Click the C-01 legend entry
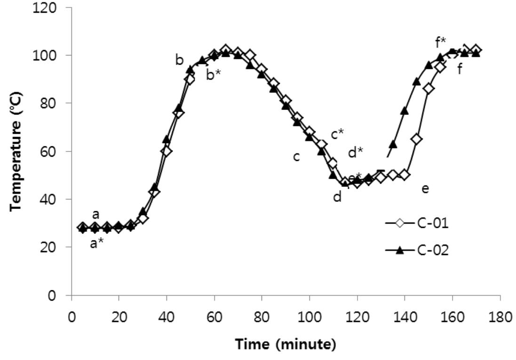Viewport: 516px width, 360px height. click(x=416, y=223)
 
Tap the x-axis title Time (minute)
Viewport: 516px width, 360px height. click(x=286, y=344)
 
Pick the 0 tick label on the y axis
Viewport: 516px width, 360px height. click(x=59, y=296)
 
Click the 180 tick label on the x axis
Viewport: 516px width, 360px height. click(x=500, y=315)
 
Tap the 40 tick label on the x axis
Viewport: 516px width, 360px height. click(x=167, y=315)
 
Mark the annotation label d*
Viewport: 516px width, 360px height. click(x=356, y=152)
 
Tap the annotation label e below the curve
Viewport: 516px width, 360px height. click(x=425, y=189)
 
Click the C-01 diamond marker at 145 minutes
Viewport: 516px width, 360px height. click(x=417, y=139)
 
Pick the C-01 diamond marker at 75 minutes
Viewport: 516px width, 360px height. click(x=250, y=56)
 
